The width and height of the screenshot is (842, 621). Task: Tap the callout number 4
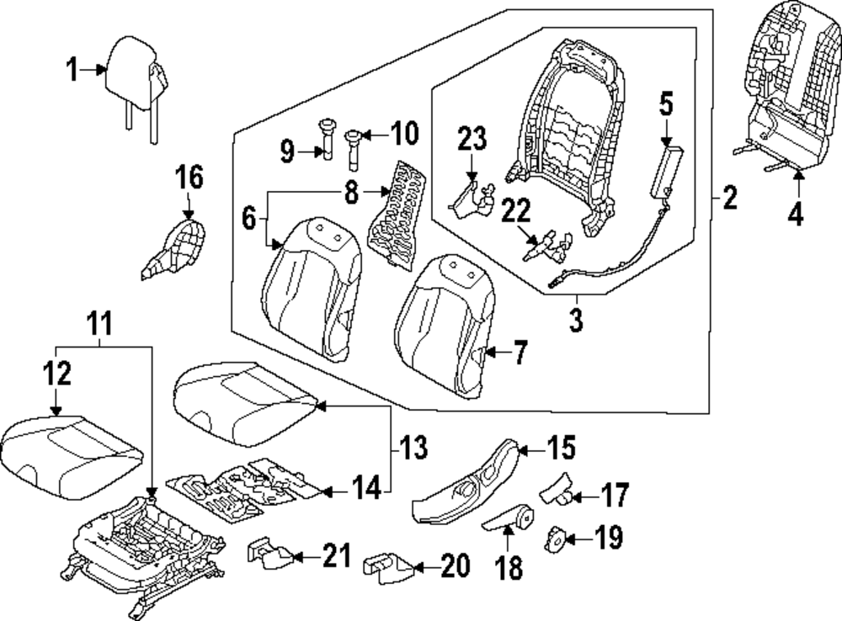pyautogui.click(x=796, y=215)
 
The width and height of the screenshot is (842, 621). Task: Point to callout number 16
pyautogui.click(x=189, y=178)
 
